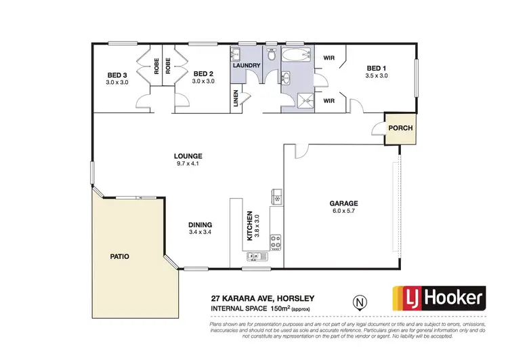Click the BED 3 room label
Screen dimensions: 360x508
point(117,75)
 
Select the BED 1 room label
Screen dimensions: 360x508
point(376,68)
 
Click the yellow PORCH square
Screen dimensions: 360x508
point(400,127)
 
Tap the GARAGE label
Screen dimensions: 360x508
point(343,203)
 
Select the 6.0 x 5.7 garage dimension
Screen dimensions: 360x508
point(343,211)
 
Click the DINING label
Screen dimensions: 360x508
point(201,225)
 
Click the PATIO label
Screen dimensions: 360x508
point(119,257)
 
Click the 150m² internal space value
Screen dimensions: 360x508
point(280,309)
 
